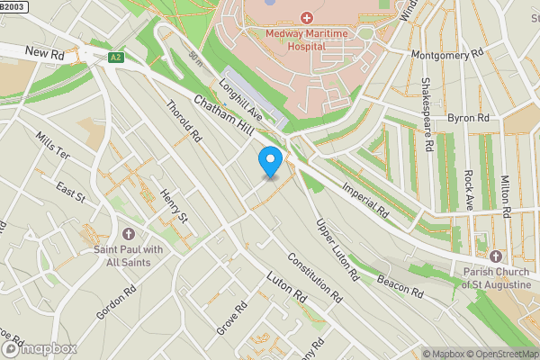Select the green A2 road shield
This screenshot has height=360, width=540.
(x=115, y=58)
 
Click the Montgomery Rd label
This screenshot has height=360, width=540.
(x=446, y=55)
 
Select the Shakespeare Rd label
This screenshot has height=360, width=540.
(x=428, y=114)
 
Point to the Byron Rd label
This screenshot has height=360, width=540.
(x=468, y=118)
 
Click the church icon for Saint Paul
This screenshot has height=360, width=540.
(x=128, y=233)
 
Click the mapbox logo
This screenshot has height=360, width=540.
(x=39, y=347)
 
